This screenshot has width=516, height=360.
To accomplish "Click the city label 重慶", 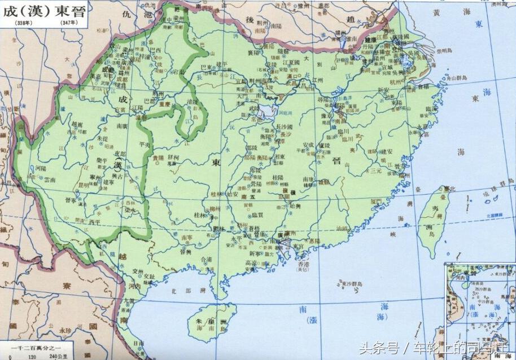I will [x=164, y=105].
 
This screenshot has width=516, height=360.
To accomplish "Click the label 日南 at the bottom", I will [x=139, y=343].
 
